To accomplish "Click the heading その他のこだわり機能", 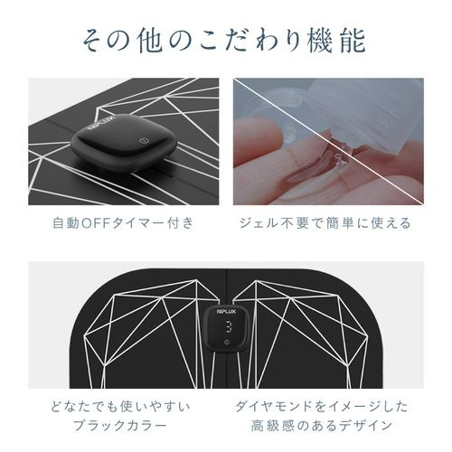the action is pos(224,42).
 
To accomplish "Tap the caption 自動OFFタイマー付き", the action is pos(123,223).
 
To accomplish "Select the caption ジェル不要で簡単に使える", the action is pos(325,223).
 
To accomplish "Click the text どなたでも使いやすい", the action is pos(120,407).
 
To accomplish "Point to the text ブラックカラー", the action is pos(120,426).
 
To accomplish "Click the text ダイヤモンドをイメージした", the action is pos(322,407).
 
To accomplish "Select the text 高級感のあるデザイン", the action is pos(322,426).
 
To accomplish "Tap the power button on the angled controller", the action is pos(145,140).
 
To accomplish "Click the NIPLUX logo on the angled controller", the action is pos(101,123).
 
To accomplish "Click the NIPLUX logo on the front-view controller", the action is pos(226,312).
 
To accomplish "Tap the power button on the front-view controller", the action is pos(226,342).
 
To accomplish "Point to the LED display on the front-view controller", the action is pos(228,326).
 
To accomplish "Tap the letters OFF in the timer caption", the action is pos(96,223).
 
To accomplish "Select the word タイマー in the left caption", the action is pos(137,223).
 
